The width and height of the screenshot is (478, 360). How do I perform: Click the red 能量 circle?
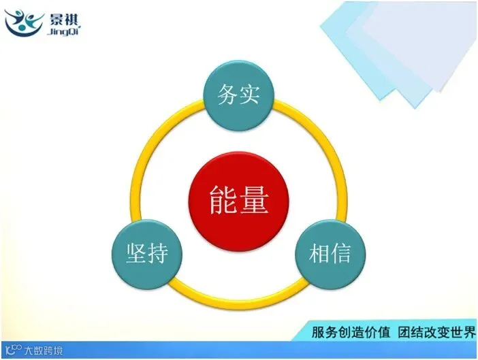pyautogui.click(x=239, y=201)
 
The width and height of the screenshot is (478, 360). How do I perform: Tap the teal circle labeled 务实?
pyautogui.click(x=239, y=96)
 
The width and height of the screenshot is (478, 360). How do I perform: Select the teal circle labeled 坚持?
pyautogui.click(x=147, y=255)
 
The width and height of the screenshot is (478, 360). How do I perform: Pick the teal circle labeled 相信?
pyautogui.click(x=330, y=255)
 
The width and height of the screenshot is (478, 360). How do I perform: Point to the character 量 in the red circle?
pyautogui.click(x=254, y=200)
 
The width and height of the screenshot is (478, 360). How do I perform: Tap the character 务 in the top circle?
pyautogui.click(x=227, y=95)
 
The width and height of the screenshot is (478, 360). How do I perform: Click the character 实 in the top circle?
pyautogui.click(x=250, y=95)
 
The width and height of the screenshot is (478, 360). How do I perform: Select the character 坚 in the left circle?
pyautogui.click(x=136, y=253)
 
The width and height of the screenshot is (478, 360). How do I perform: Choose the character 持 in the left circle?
pyautogui.click(x=158, y=253)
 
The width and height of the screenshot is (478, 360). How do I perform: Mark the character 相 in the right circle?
pyautogui.click(x=319, y=253)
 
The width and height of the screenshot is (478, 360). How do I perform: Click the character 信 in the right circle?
pyautogui.click(x=341, y=253)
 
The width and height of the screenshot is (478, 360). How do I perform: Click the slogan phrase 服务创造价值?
pyautogui.click(x=351, y=332)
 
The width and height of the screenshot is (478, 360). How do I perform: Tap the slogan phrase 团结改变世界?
pyautogui.click(x=436, y=332)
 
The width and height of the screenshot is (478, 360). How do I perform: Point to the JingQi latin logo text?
pyautogui.click(x=63, y=31)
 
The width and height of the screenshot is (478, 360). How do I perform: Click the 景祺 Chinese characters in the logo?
pyautogui.click(x=63, y=20)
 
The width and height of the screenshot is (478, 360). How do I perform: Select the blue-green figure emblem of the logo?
pyautogui.click(x=25, y=23)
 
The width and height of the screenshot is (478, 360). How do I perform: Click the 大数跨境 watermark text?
pyautogui.click(x=44, y=350)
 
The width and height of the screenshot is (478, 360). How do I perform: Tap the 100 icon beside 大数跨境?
pyautogui.click(x=14, y=350)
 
